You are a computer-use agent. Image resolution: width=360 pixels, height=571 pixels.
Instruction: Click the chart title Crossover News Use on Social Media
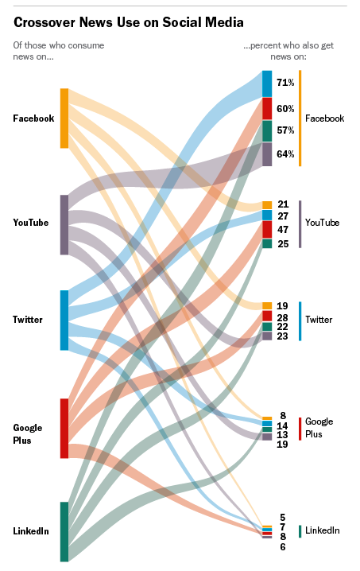[128, 22]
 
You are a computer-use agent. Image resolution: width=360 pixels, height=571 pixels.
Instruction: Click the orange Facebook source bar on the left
[64, 118]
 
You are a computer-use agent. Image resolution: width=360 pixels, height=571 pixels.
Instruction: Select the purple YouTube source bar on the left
[64, 224]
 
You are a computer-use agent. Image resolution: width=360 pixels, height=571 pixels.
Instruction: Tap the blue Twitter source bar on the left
[64, 320]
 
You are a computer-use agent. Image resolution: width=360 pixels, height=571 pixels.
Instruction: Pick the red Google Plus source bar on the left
[64, 428]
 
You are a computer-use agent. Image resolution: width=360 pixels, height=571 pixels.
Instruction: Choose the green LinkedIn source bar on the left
[64, 531]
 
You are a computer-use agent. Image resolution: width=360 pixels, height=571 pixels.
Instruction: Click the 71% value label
[285, 83]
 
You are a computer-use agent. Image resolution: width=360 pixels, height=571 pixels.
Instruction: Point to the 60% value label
[285, 108]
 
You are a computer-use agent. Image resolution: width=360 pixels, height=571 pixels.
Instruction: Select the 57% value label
[285, 130]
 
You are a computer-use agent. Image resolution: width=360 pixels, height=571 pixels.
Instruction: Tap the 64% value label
[285, 154]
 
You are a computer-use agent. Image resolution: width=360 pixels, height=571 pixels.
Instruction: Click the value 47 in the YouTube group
[283, 230]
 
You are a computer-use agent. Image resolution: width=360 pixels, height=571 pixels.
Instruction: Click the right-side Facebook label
[324, 118]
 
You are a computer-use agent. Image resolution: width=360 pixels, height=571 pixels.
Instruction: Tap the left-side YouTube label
[31, 223]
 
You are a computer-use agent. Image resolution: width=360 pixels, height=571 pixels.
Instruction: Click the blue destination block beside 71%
[267, 83]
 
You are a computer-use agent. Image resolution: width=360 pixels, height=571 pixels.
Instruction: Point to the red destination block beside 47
[267, 229]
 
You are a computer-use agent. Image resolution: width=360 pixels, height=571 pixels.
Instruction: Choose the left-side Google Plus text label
[27, 433]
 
